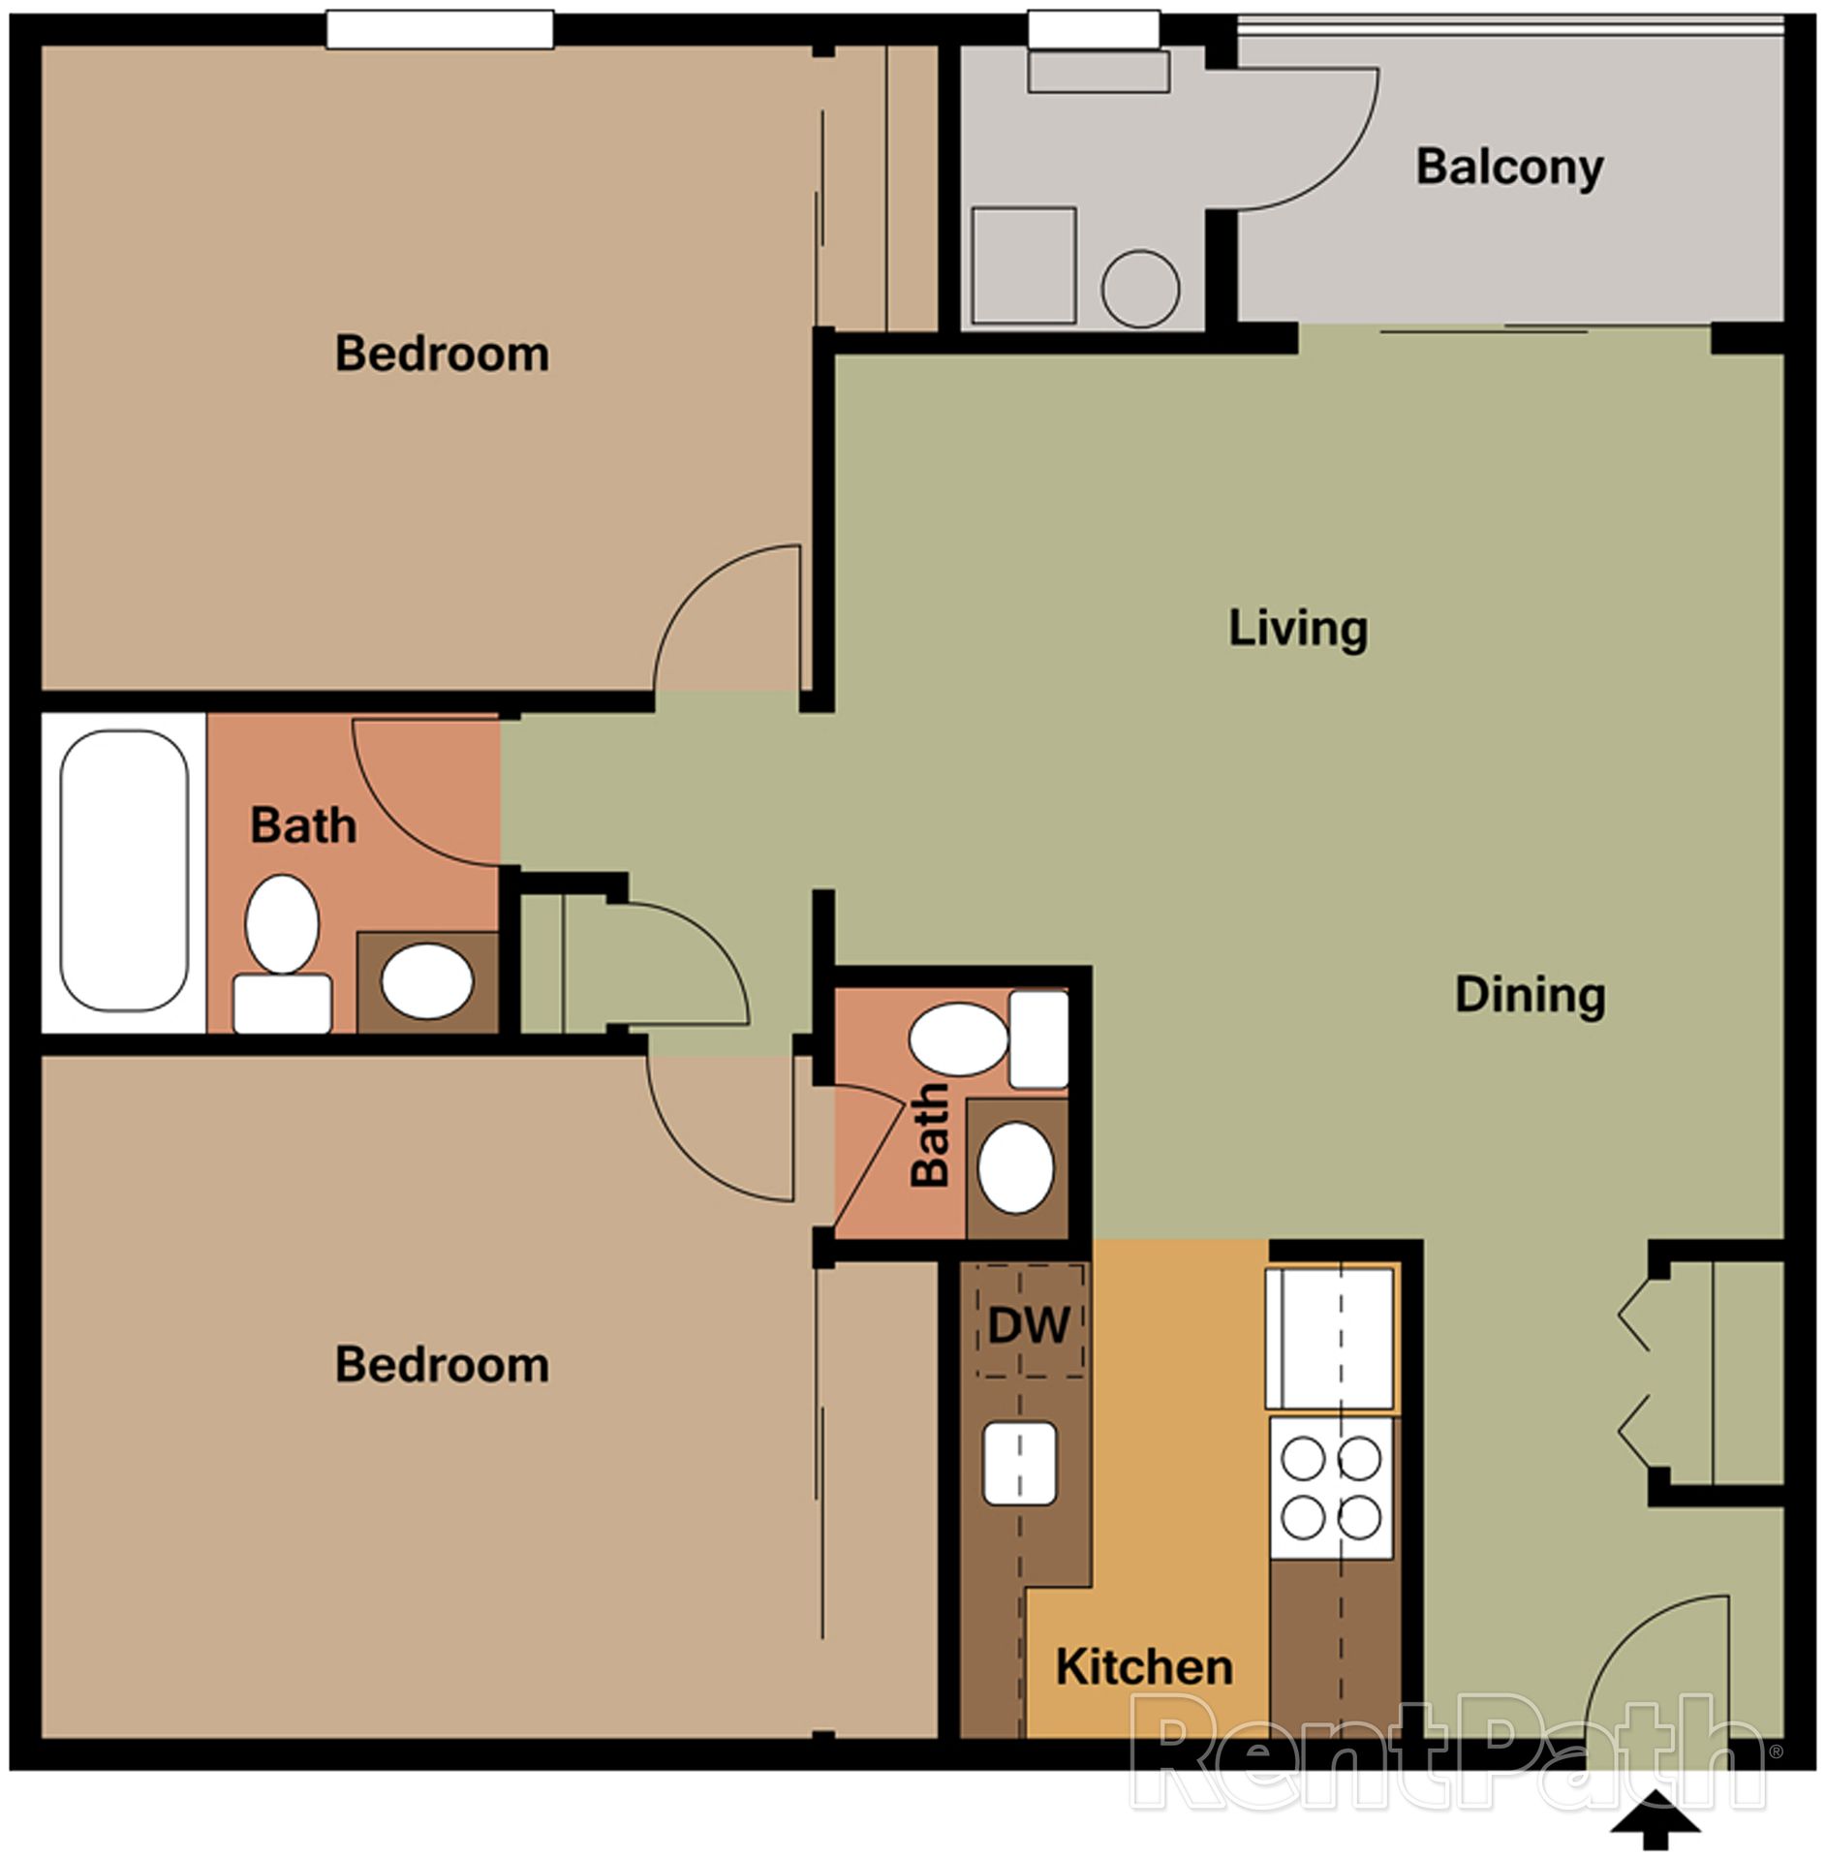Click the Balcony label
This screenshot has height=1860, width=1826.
[1509, 168]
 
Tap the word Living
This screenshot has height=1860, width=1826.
[1298, 628]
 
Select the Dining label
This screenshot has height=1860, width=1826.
[1530, 995]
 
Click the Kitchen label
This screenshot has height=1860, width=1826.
[1144, 1667]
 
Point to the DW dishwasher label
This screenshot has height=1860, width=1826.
[1029, 1324]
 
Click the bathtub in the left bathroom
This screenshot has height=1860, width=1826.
[124, 871]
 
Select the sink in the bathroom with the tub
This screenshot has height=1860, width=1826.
[427, 981]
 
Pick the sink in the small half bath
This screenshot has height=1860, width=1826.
[1015, 1167]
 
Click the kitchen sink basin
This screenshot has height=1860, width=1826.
[1019, 1463]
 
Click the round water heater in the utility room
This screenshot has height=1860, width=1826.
[1140, 288]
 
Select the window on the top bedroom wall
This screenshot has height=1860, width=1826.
[440, 28]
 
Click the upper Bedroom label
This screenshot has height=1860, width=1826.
[442, 354]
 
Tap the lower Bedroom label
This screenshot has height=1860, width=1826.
[442, 1365]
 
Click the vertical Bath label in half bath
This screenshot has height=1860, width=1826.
[930, 1134]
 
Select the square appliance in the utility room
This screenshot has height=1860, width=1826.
[1024, 264]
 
